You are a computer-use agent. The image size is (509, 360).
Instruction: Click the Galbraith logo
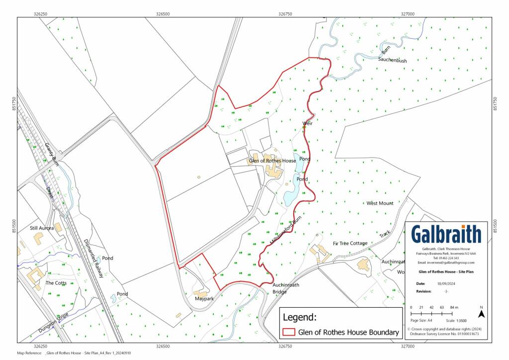[x=446, y=234]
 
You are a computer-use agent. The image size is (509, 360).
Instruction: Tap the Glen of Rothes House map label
[x=272, y=161]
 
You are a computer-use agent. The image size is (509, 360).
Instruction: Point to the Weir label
[x=307, y=123]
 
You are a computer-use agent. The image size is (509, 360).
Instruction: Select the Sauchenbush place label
[x=392, y=60]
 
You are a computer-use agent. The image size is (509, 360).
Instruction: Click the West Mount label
[x=380, y=203]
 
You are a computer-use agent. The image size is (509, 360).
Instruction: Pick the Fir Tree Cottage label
[x=350, y=243]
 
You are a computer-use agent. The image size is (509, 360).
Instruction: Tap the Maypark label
[x=204, y=299]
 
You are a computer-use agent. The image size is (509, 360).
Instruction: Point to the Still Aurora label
[x=42, y=228]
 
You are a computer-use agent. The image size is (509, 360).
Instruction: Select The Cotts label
[x=56, y=283]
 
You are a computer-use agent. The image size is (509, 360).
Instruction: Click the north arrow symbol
[x=481, y=313]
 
